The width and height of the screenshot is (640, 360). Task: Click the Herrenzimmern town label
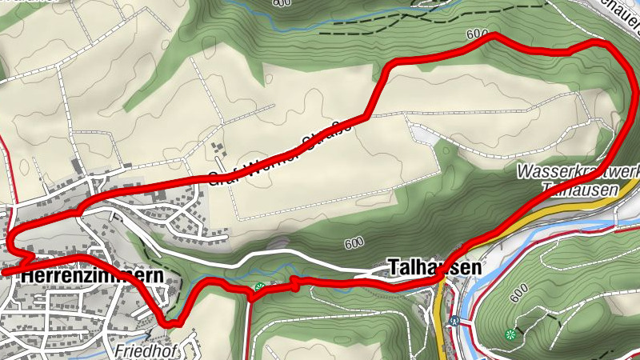[x=94, y=275]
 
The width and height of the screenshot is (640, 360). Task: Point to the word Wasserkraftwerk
[x=578, y=171]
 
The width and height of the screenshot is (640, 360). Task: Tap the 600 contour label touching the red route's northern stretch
[x=475, y=34]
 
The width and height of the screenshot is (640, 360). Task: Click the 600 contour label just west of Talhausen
[x=354, y=243]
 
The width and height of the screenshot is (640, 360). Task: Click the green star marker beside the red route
[x=259, y=287]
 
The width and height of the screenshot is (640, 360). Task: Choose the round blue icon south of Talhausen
[x=455, y=322]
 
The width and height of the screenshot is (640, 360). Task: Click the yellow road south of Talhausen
[x=442, y=320]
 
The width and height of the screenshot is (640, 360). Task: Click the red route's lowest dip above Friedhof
[x=170, y=323]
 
